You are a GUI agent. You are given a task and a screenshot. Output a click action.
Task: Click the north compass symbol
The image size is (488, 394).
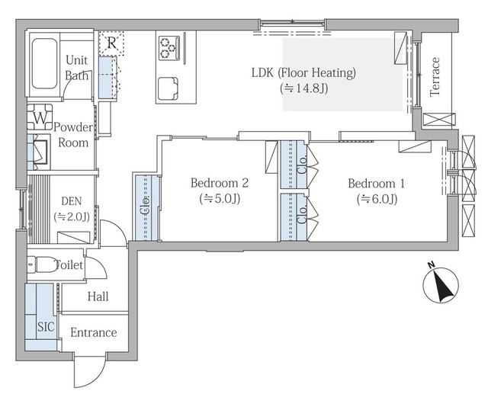point(441,285)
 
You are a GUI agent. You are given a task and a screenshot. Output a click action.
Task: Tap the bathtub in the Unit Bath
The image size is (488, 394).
point(44,63)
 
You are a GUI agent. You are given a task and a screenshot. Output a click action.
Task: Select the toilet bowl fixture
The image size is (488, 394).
point(43,264)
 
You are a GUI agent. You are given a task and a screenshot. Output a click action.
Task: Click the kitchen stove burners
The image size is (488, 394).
point(169,48)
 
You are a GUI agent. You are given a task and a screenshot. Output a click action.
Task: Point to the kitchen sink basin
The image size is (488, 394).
point(168,88)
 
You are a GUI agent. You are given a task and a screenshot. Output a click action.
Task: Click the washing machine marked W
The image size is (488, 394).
point(40,117)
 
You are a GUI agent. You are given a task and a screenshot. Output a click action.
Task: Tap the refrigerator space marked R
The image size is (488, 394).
point(111,43)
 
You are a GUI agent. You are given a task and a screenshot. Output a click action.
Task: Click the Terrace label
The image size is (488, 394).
point(435,77)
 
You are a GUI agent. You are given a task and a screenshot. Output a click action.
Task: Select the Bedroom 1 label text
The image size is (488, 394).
point(376,183)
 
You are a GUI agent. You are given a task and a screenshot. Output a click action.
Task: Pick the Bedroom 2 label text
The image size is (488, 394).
point(220,183)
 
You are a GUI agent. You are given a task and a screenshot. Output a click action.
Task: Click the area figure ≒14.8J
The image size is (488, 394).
point(304,88)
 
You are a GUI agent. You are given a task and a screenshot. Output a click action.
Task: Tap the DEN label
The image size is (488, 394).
point(72,201)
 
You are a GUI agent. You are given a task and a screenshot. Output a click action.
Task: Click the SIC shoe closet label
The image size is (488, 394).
point(46,326)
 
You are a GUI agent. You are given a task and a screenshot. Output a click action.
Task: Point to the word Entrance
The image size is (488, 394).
point(93,332)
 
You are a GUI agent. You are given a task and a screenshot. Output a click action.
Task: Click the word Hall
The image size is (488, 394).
point(98,296)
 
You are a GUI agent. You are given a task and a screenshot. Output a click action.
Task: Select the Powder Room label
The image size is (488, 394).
point(73,135)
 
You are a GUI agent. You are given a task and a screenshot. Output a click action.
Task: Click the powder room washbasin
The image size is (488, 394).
point(39,152)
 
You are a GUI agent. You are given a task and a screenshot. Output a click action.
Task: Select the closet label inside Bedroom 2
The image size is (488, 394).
point(145,206)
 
